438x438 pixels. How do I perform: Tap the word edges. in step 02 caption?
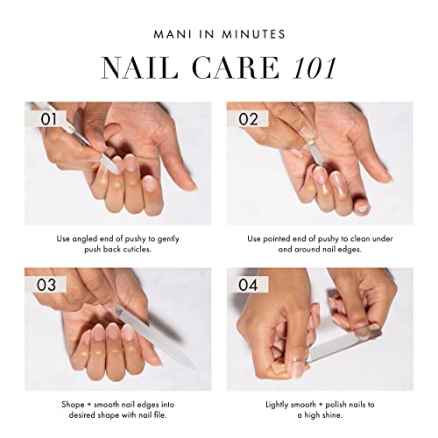tap(361, 249)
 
